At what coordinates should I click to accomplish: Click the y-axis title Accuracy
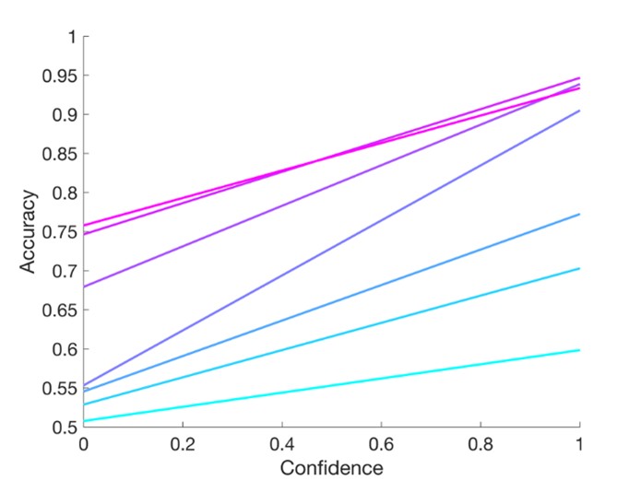(x=30, y=231)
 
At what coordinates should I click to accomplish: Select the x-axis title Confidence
(x=331, y=467)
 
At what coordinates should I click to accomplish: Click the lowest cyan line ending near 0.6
(x=332, y=385)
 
